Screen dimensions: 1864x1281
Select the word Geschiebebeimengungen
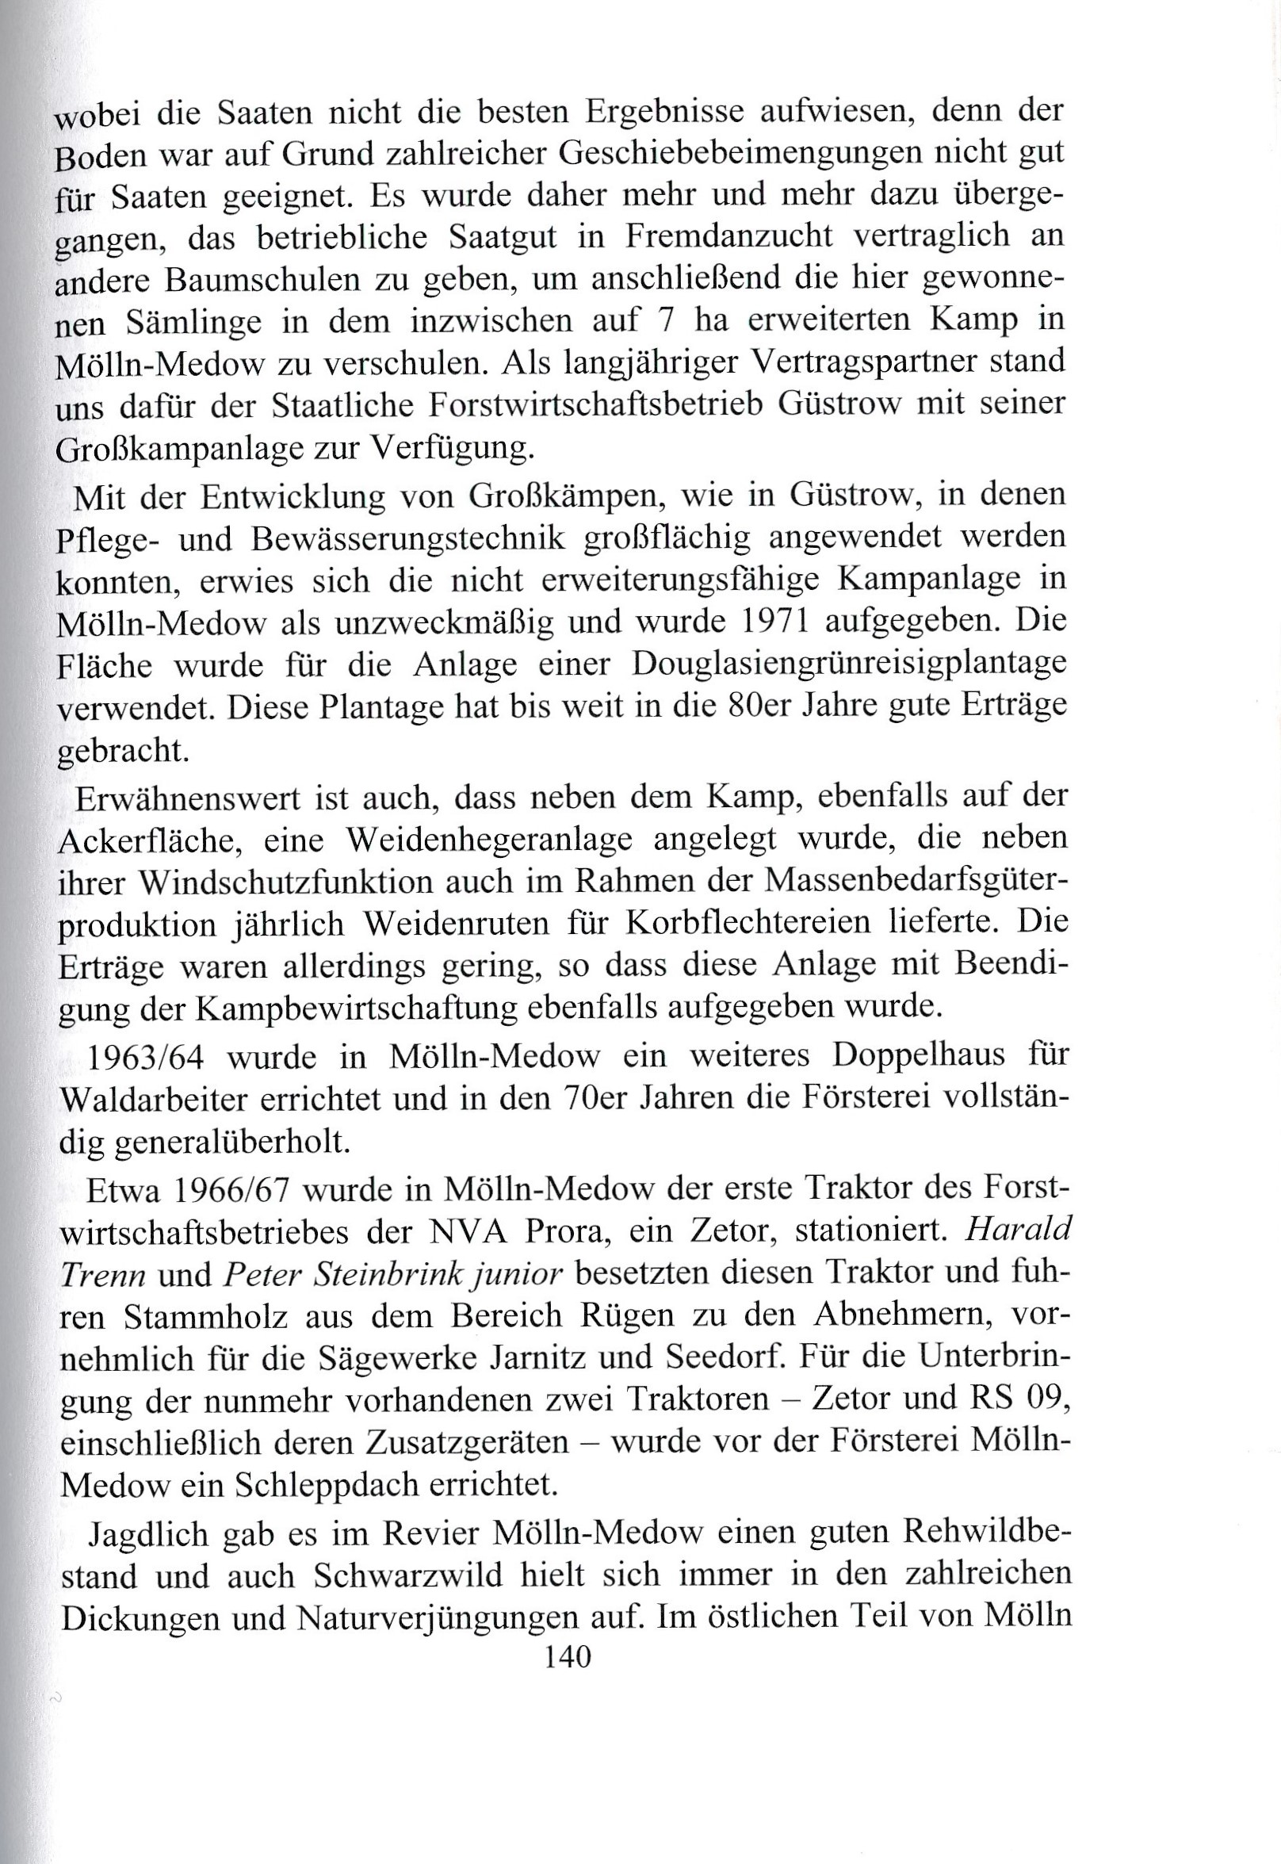point(727,151)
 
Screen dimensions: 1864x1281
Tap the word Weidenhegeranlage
point(489,839)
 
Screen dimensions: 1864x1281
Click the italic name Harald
point(1017,1231)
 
